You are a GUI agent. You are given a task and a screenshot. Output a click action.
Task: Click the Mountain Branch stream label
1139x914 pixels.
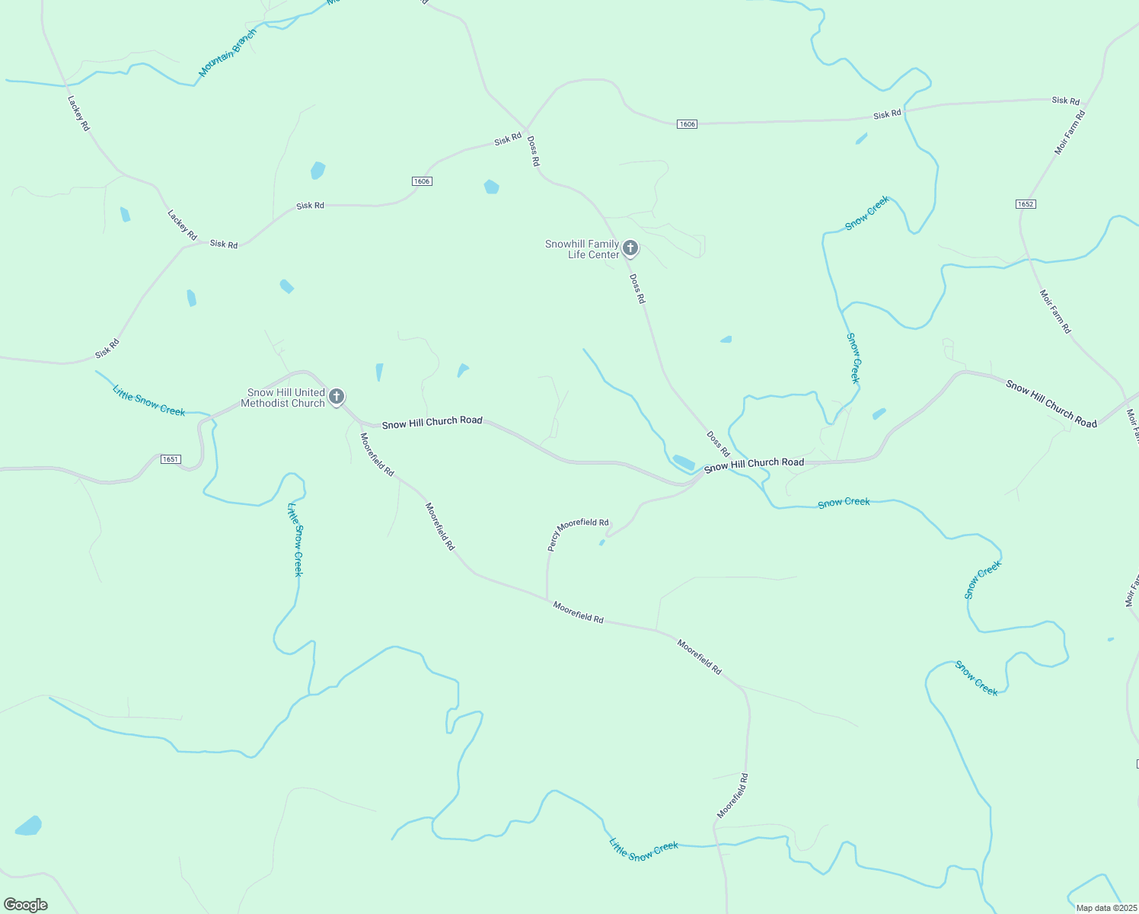click(x=228, y=53)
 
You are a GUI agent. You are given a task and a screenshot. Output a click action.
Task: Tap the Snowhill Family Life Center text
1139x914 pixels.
click(x=582, y=249)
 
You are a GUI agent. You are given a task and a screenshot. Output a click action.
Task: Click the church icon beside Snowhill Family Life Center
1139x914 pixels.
click(x=630, y=248)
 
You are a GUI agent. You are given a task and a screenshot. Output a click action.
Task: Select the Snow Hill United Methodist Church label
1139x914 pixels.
click(x=282, y=398)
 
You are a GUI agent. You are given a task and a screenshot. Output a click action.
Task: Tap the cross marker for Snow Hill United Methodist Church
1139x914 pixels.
click(x=337, y=397)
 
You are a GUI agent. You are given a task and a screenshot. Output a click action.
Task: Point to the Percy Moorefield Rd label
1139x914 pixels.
click(x=578, y=533)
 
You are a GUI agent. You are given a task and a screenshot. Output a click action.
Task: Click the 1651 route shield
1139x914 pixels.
click(x=171, y=459)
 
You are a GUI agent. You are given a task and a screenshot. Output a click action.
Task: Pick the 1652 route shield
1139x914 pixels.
click(x=1026, y=204)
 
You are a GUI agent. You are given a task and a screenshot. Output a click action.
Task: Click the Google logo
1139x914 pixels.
click(x=25, y=905)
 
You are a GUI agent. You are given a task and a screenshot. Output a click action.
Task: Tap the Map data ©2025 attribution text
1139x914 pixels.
click(x=1105, y=908)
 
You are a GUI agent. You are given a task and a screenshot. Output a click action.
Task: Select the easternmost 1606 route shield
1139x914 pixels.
click(x=687, y=124)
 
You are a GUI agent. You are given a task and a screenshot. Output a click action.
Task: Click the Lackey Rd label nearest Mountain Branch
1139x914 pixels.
click(x=78, y=113)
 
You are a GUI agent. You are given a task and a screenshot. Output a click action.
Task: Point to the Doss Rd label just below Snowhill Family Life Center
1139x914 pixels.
click(x=637, y=289)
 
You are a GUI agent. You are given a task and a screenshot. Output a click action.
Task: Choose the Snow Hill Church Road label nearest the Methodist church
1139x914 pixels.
click(x=432, y=422)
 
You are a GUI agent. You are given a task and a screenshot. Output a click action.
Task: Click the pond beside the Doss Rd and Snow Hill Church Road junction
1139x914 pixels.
click(x=683, y=462)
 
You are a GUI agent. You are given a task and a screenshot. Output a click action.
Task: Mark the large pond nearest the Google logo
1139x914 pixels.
click(x=28, y=826)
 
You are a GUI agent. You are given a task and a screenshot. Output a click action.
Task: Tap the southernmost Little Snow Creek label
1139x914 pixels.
click(x=643, y=850)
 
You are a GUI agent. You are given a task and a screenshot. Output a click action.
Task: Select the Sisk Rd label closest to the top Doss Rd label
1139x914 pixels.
click(x=508, y=139)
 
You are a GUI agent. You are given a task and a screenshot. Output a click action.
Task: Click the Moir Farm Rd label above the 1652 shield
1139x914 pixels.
click(x=1070, y=133)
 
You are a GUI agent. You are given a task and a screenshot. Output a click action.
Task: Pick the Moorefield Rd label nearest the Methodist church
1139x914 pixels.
click(x=377, y=455)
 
